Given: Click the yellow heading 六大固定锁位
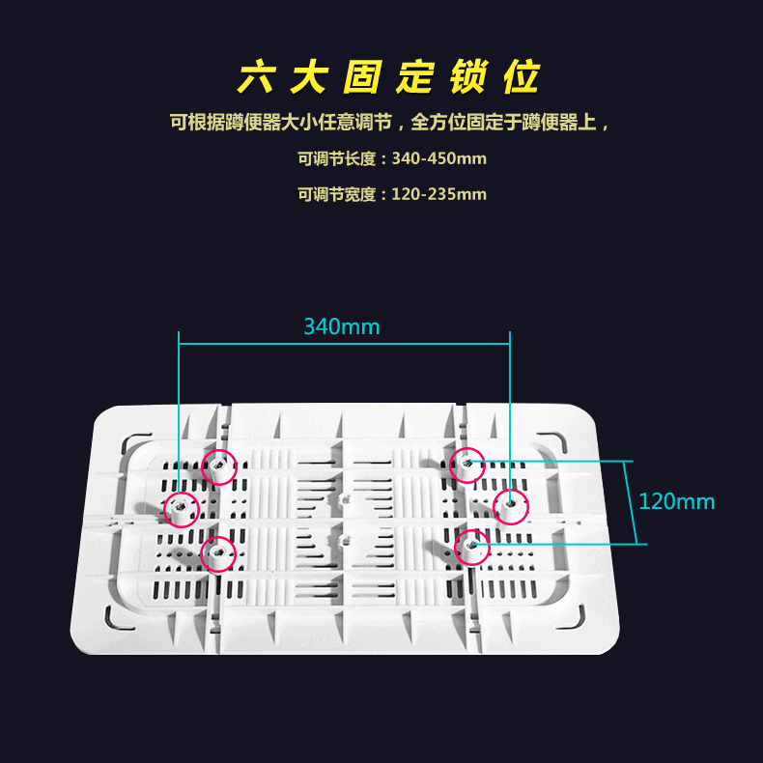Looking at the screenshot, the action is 389,78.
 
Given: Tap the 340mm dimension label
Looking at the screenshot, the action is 342,326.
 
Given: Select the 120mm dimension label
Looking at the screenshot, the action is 676,501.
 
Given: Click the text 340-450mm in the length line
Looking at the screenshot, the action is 439,158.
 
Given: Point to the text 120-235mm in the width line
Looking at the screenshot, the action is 439,194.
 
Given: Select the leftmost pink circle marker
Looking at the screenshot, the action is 180,507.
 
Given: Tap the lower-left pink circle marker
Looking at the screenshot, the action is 218,553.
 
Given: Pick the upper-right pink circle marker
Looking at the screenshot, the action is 467,465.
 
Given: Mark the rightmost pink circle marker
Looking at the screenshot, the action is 510,505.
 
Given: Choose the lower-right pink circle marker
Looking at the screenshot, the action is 472,547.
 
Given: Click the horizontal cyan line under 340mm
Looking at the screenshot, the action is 344,342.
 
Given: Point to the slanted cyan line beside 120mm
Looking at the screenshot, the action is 635,502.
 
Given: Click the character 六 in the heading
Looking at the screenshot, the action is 256,78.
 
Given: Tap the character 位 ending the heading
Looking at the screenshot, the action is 522,78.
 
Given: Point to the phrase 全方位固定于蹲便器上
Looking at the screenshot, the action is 505,123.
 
